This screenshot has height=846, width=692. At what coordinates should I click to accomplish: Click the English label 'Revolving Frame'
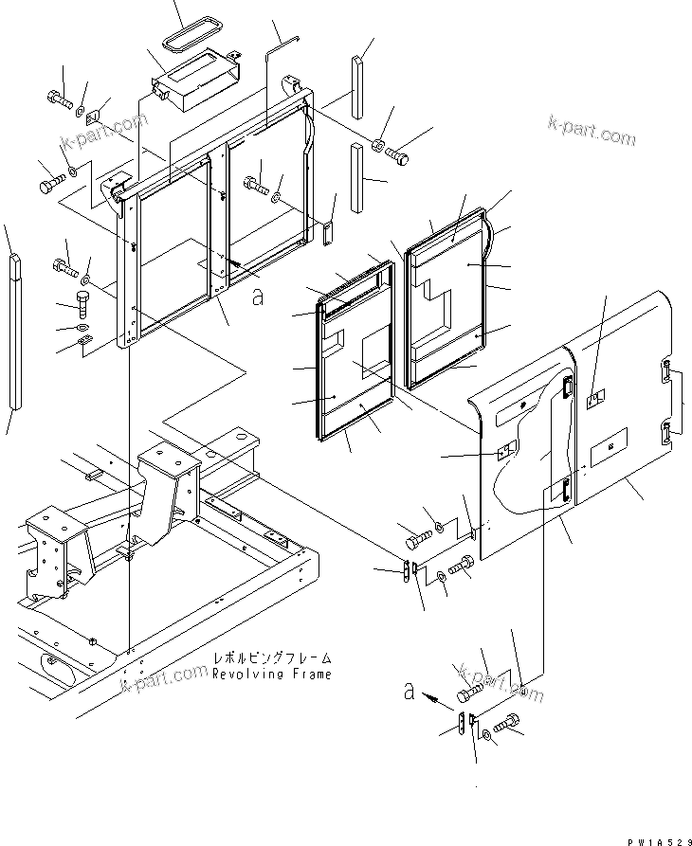point(272,675)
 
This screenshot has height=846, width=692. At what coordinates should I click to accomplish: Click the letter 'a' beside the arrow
point(409,693)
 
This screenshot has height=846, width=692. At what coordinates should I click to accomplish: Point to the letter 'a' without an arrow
point(256,297)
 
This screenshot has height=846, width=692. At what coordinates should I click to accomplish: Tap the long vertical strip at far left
point(15,332)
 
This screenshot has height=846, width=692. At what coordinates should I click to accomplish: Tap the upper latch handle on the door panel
point(567,389)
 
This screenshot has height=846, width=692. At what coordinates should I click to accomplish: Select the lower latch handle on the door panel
point(563,490)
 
